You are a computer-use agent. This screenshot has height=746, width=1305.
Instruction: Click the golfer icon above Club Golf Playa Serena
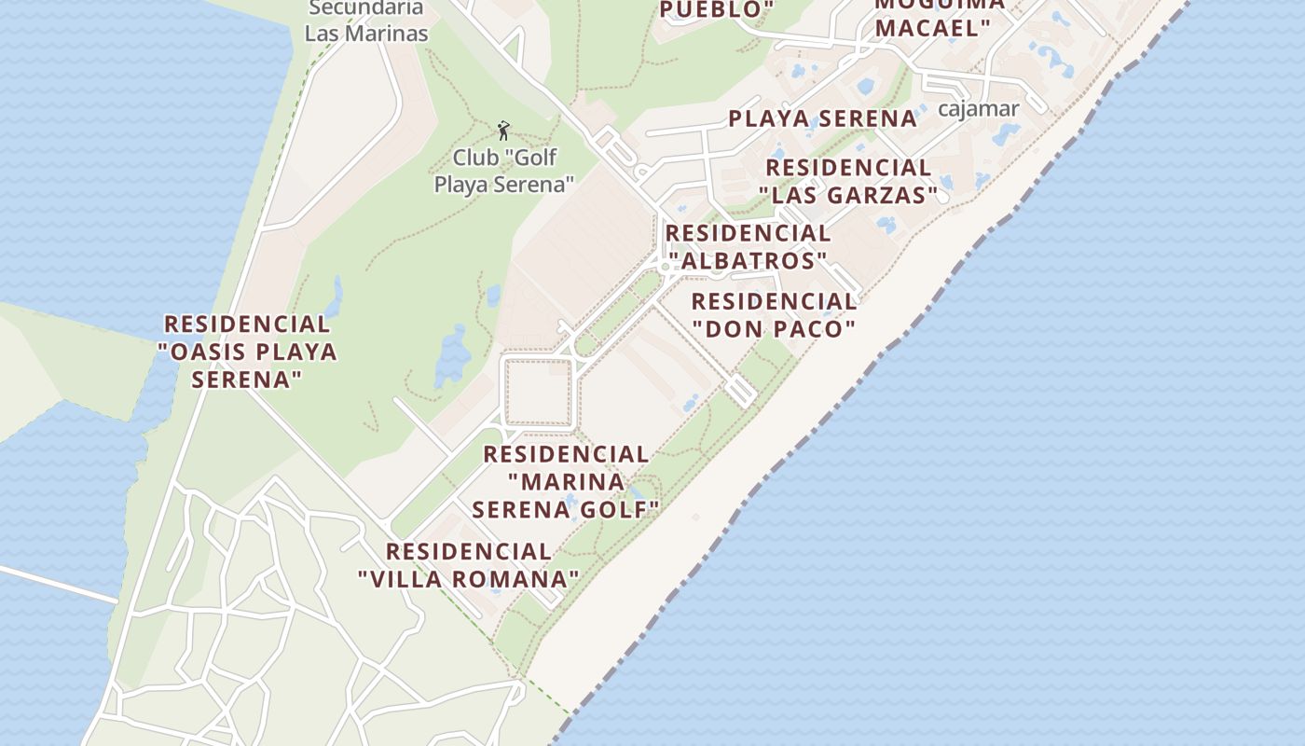coord(503,130)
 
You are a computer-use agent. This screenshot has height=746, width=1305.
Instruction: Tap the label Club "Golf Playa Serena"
coord(503,171)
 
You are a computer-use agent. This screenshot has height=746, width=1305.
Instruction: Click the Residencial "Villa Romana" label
coord(469,565)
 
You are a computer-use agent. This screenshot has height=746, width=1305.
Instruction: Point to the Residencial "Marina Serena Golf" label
coord(566,482)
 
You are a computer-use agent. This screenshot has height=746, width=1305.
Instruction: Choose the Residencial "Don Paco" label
coord(774,315)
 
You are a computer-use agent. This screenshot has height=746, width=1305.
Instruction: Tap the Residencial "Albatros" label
coord(747,246)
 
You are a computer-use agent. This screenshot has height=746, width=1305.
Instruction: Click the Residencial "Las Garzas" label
coord(847,181)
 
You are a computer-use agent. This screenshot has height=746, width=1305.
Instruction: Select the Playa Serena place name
coord(822,118)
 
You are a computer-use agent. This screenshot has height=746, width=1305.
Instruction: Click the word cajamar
coord(978,109)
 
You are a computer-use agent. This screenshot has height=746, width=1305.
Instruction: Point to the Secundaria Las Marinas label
coord(365,21)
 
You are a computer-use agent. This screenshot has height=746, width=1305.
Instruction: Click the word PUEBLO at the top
coord(714,10)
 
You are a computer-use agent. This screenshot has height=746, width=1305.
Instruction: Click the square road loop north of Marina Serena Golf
coord(538,392)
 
